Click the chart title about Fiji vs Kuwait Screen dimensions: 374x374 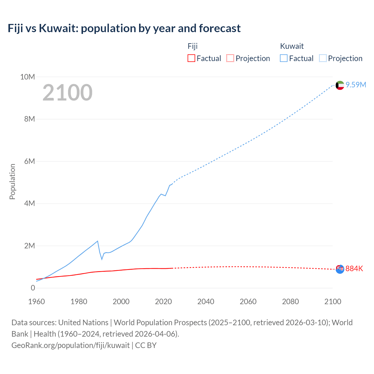point(124,28)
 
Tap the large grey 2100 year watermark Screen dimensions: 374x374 point(67,93)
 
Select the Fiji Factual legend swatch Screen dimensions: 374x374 point(191,58)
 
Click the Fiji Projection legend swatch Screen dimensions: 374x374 point(230,58)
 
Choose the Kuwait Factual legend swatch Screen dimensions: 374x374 point(283,58)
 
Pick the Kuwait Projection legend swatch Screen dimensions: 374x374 point(323,58)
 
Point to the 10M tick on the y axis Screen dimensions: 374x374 point(27,77)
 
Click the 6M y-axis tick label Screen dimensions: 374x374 point(29,161)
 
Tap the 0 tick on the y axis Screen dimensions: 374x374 point(33,288)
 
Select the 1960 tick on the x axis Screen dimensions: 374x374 point(37,302)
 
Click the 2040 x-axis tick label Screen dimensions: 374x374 point(206,302)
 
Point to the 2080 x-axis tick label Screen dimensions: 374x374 point(290,302)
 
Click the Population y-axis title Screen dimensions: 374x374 point(12,181)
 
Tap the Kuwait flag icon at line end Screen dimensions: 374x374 point(340,85)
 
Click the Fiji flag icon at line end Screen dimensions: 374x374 point(340,269)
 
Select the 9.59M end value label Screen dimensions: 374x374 point(356,85)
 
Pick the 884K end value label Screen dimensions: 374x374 point(354,269)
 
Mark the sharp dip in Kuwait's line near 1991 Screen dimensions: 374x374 point(102,259)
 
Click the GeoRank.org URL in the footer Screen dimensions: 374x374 point(70,345)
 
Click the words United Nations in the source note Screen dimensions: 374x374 point(83,323)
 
